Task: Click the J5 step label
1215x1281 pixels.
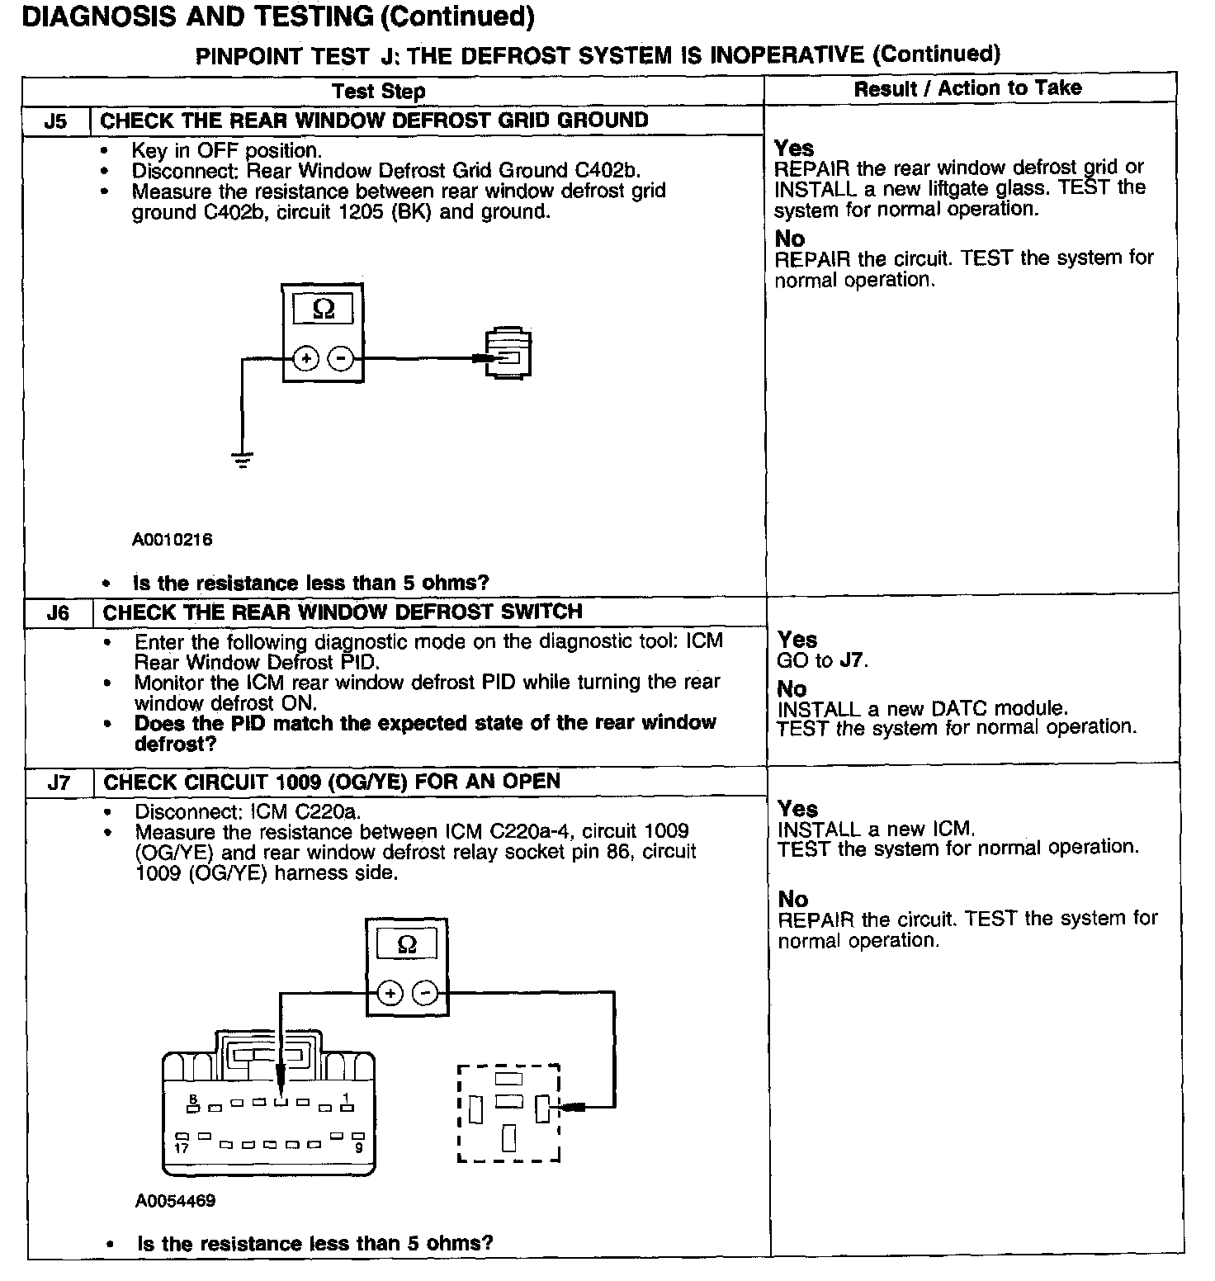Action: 55,122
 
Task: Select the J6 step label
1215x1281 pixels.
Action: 58,613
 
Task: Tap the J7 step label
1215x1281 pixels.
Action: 59,782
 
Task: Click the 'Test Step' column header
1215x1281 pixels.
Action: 379,91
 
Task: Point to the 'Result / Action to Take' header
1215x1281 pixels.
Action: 967,88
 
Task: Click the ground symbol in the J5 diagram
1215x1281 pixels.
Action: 243,460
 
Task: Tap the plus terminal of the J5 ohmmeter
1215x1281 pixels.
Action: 306,358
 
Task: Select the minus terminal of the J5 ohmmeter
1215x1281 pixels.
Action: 341,358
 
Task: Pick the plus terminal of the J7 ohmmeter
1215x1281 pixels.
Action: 390,993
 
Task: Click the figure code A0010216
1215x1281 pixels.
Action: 172,540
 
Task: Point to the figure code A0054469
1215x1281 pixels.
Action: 175,1200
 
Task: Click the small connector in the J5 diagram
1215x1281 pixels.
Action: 508,354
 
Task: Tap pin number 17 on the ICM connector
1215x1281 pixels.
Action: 182,1147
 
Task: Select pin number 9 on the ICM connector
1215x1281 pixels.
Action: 358,1147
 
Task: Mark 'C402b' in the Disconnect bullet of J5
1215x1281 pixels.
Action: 607,171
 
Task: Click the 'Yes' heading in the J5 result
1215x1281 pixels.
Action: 794,149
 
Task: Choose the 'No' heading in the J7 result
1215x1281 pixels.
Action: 793,899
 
